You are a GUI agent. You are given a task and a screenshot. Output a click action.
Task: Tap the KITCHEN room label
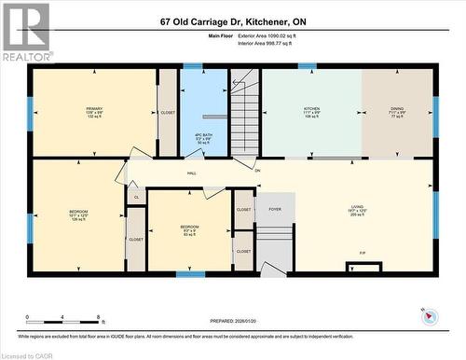[x=311, y=109]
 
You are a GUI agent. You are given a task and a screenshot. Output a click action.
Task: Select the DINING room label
[x=397, y=109]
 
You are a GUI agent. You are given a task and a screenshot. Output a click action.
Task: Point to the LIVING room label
[x=357, y=208]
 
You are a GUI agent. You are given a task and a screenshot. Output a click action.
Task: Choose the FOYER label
[x=275, y=211]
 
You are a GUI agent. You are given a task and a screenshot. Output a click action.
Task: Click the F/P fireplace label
[x=362, y=254]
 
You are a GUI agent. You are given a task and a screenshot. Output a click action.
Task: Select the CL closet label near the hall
[x=136, y=198]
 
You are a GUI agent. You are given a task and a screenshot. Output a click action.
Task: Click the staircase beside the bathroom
[x=244, y=112]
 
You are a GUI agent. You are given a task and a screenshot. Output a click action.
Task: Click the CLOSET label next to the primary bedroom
[x=168, y=112]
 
